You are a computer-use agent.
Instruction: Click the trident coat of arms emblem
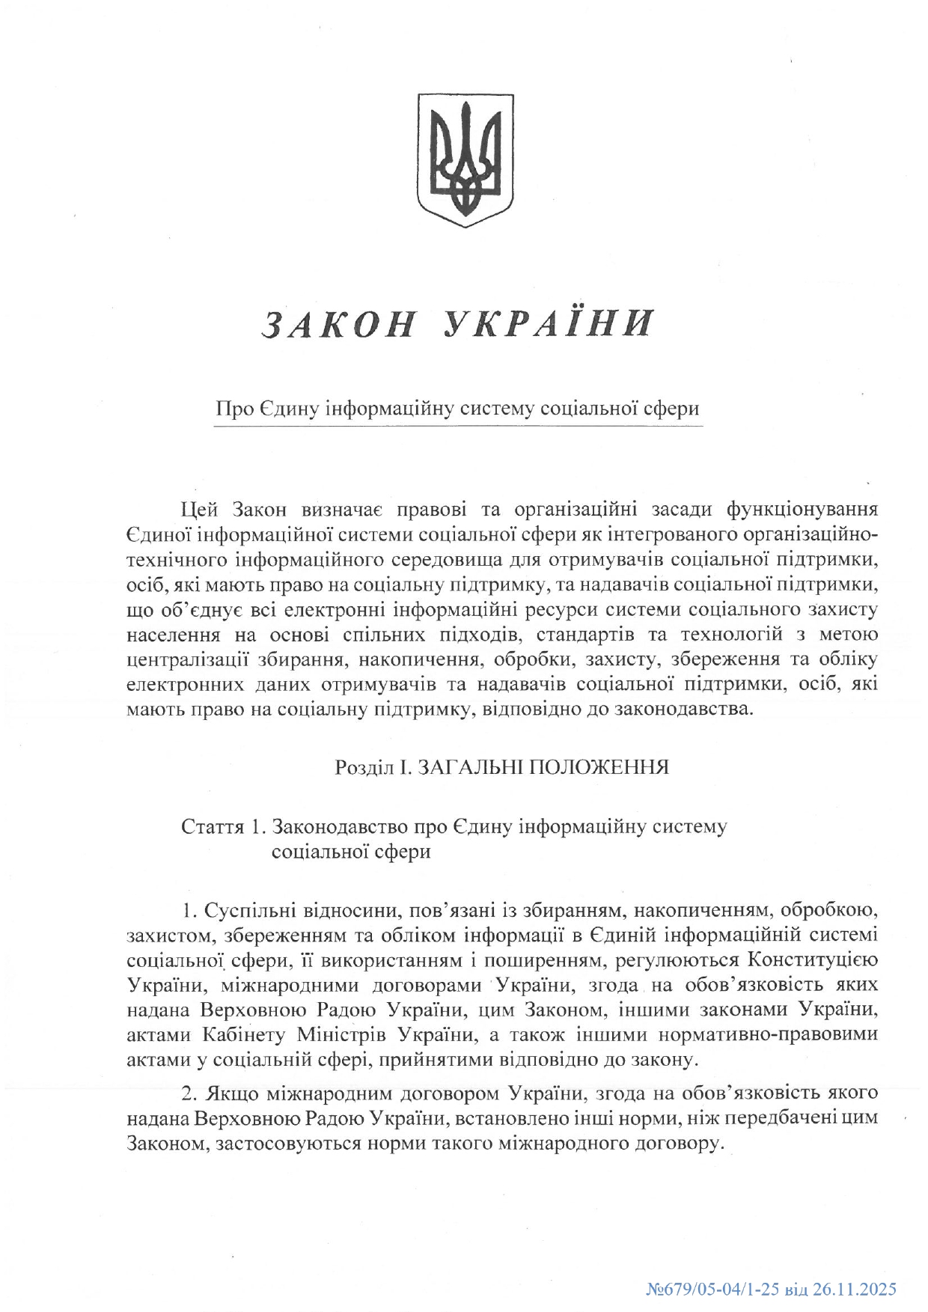coord(464,159)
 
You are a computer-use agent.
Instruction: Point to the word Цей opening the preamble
coord(200,510)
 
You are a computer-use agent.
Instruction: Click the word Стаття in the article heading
coord(212,827)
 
